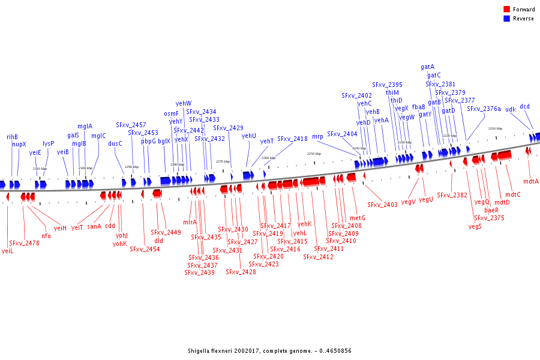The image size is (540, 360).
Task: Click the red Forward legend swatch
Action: click(506, 10)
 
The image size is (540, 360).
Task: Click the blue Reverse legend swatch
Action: click(506, 19)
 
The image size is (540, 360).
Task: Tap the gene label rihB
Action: click(12, 137)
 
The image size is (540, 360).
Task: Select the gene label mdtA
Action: click(530, 181)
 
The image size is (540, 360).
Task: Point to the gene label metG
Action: click(357, 218)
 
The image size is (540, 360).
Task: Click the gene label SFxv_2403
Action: click(382, 205)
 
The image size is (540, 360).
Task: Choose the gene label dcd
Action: click(524, 106)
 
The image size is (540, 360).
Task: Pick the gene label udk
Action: click(510, 109)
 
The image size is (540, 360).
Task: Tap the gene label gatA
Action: click(427, 67)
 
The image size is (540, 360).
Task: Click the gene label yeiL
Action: click(7, 251)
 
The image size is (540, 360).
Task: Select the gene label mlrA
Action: click(190, 222)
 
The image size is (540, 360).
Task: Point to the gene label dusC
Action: click(115, 143)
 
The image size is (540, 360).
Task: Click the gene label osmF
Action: click(171, 113)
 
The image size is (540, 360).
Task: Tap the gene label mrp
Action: click(317, 137)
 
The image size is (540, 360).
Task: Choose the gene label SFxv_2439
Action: click(199, 272)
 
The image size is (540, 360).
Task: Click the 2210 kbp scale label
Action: click(494, 128)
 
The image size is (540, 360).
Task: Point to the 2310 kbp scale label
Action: click(40, 169)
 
